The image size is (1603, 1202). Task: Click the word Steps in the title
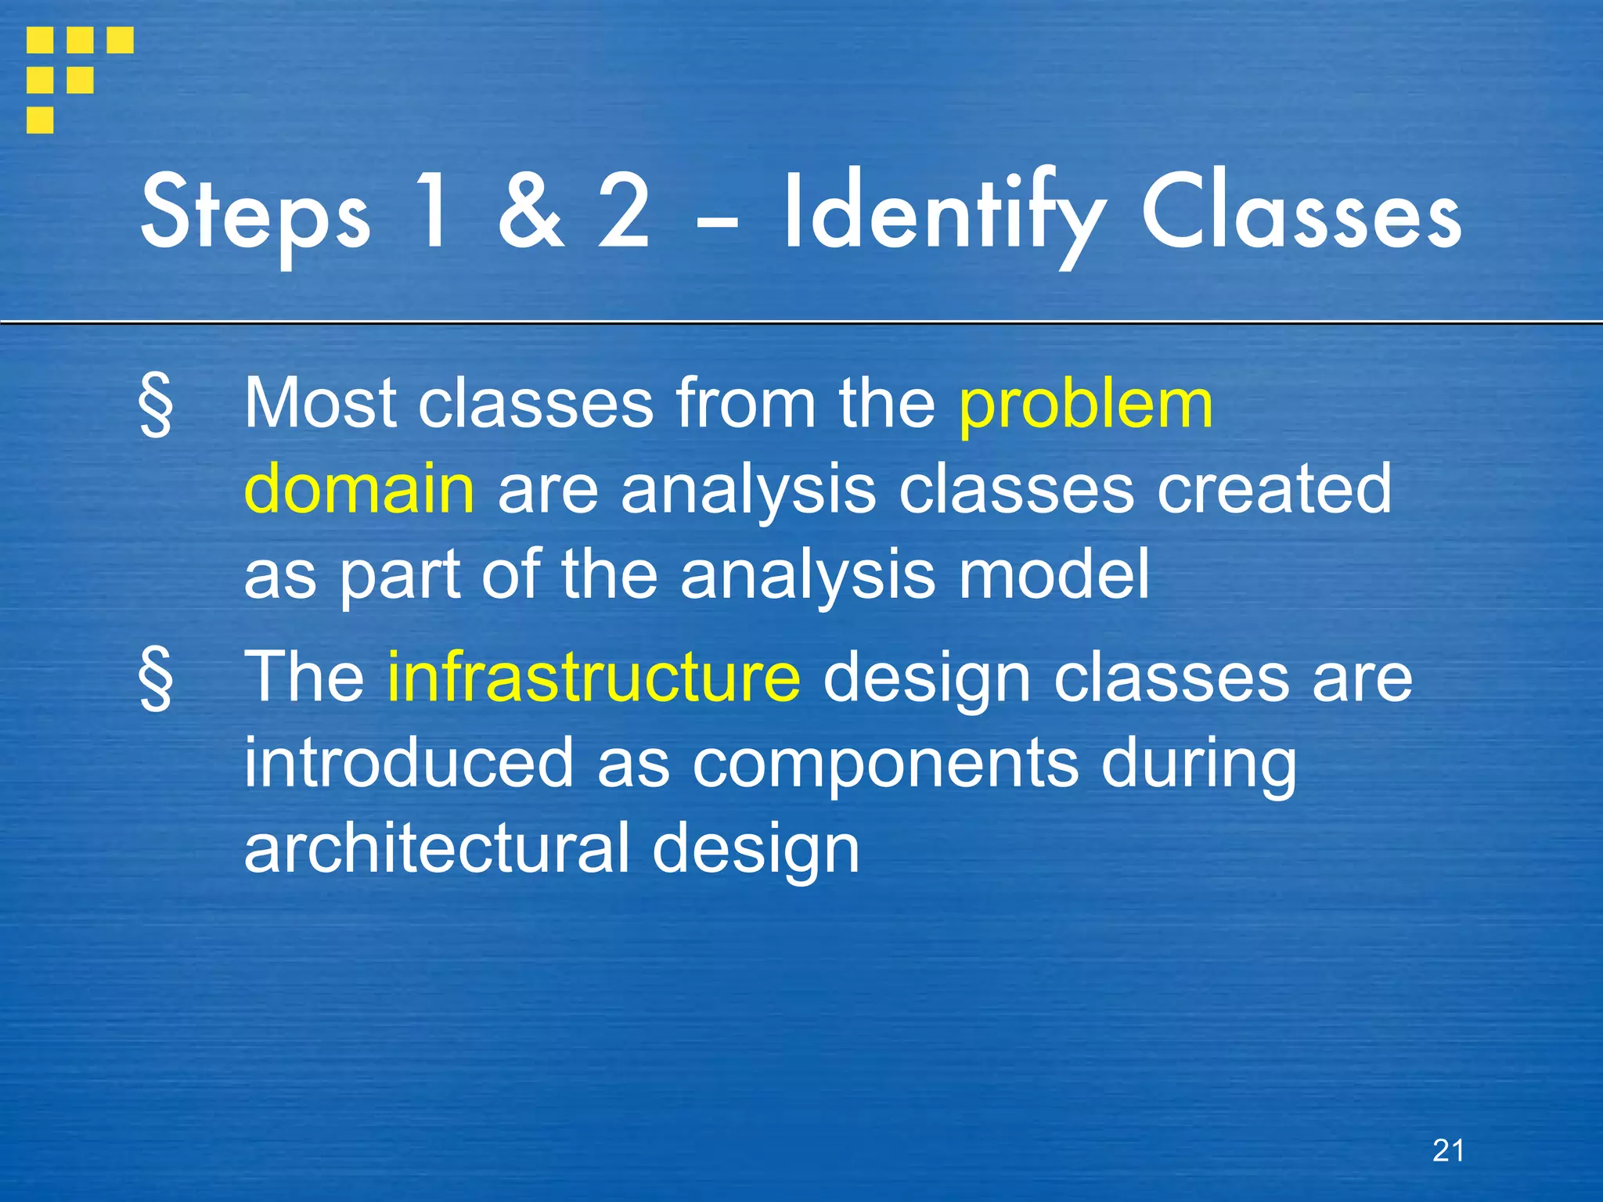254,215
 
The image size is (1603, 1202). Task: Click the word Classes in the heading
1300,213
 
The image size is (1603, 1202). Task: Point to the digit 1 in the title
434,211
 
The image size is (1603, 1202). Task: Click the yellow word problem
1086,405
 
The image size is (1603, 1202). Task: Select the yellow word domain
359,489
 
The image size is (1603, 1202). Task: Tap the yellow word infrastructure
594,677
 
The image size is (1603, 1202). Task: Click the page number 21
1448,1150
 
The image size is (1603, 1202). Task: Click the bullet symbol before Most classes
156,405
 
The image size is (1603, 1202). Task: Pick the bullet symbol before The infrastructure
156,678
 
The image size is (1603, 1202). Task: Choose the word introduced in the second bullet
409,763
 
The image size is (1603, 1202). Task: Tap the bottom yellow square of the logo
40,120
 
